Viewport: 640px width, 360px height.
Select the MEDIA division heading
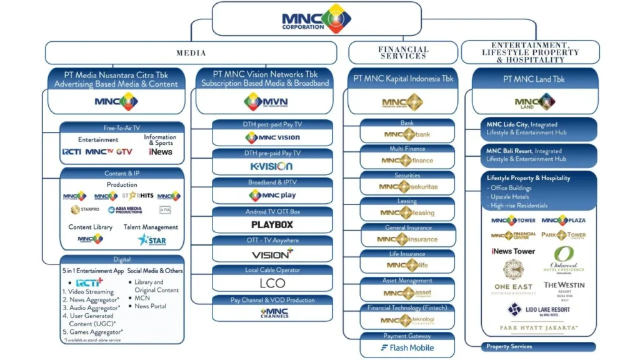point(191,53)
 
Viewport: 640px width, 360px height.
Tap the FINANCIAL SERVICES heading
point(403,53)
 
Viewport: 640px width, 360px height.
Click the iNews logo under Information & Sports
point(161,152)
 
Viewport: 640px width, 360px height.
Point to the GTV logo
point(124,152)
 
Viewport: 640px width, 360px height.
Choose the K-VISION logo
point(271,166)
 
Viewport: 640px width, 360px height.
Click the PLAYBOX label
point(272,224)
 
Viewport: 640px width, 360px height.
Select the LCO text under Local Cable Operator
point(272,283)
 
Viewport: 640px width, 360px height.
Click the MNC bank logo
point(408,134)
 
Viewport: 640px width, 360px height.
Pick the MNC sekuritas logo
point(408,187)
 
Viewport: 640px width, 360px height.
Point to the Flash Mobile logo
point(408,348)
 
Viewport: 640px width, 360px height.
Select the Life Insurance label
point(407,254)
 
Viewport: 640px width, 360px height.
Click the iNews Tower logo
point(513,251)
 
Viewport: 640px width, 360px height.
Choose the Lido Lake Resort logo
point(538,310)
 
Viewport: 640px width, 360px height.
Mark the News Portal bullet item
point(150,306)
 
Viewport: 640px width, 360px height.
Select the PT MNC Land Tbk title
point(534,79)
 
